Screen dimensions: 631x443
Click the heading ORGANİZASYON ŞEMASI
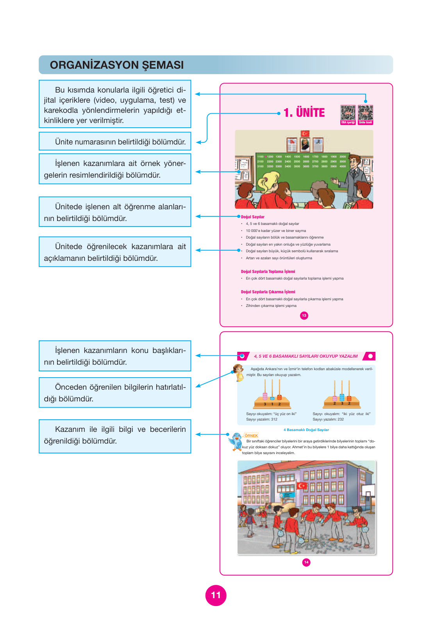tap(117, 65)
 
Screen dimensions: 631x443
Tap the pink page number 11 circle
tap(216, 595)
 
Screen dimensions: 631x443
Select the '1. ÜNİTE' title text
tap(304, 112)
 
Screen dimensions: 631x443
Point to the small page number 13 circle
tap(304, 315)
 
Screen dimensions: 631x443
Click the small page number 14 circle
tap(306, 562)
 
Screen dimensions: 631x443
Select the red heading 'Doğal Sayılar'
tap(253, 217)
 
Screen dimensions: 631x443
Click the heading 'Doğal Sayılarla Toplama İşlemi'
tap(268, 271)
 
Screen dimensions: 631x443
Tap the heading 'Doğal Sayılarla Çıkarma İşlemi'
tap(268, 292)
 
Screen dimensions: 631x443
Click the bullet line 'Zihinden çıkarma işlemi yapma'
tap(271, 306)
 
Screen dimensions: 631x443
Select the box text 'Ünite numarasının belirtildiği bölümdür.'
tap(120, 142)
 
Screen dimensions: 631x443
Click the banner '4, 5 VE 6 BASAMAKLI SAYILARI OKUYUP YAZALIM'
tap(306, 356)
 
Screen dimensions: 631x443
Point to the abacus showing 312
tap(272, 395)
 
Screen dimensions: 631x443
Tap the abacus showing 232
tap(341, 395)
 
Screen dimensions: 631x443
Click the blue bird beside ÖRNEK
tap(236, 442)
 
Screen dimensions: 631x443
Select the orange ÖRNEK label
tap(251, 435)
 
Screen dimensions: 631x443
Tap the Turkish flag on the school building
tap(302, 486)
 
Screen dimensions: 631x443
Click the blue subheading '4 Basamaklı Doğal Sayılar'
tap(306, 430)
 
